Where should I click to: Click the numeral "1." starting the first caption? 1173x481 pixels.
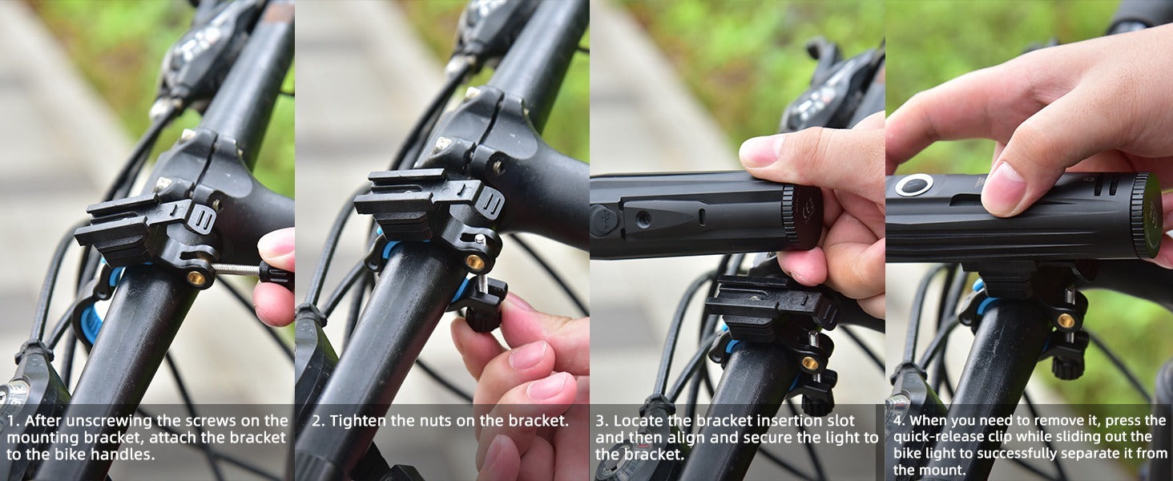(x=13, y=421)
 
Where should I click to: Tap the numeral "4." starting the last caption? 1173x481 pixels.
(x=899, y=421)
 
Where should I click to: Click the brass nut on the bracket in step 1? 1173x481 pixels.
(x=197, y=277)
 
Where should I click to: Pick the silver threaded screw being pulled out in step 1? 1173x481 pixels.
(x=236, y=270)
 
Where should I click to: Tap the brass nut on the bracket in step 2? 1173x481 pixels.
(x=475, y=262)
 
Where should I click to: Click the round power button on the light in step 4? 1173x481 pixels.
(x=913, y=185)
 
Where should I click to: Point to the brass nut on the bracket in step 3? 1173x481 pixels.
(x=810, y=362)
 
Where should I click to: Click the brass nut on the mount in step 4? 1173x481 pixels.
(x=1066, y=321)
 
